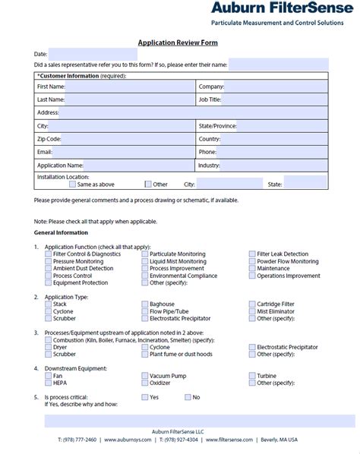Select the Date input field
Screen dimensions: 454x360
[93, 55]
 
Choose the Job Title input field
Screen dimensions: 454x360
[276, 99]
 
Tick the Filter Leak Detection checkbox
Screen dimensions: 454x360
[252, 254]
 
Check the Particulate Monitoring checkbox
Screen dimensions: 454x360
[145, 254]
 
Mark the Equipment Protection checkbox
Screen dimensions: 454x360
[49, 283]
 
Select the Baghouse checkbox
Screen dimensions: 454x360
[145, 304]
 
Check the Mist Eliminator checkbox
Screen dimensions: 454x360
[252, 311]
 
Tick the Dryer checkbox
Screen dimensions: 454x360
[49, 347]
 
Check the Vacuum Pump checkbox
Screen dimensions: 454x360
[145, 375]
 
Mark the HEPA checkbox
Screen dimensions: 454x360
[49, 383]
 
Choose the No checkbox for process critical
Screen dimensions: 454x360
[187, 397]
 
